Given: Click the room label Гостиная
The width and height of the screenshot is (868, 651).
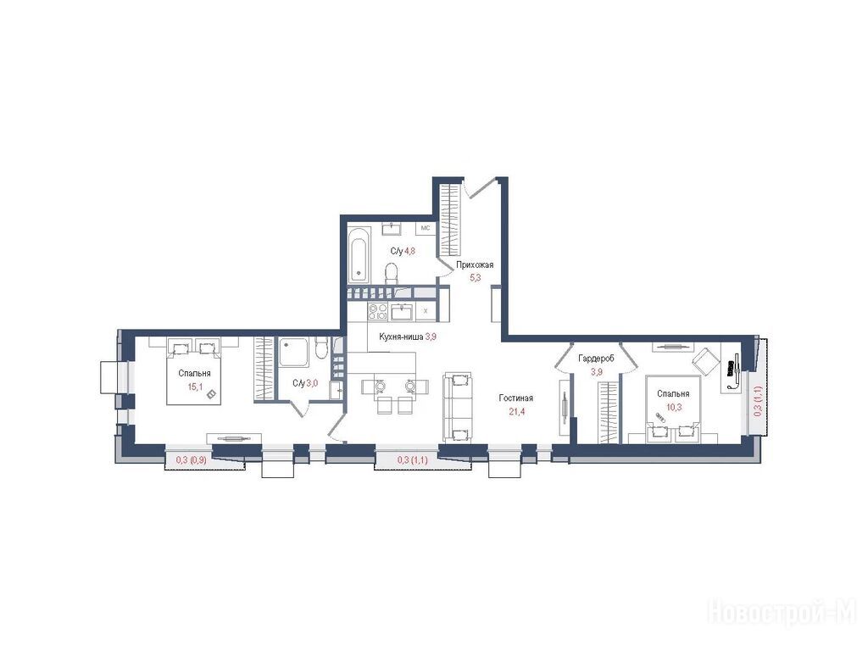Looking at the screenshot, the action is click(x=515, y=398).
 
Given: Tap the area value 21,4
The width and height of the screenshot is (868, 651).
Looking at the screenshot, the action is click(x=516, y=411).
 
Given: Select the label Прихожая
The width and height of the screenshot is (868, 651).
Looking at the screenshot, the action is click(x=475, y=265).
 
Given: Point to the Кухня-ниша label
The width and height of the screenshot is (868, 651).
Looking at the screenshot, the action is click(x=401, y=337).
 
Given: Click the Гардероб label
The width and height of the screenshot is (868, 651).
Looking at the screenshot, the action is click(x=596, y=359).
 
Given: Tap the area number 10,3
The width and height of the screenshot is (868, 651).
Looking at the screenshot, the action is click(x=673, y=406).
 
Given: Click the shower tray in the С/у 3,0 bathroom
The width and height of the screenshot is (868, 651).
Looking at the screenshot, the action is click(x=293, y=353).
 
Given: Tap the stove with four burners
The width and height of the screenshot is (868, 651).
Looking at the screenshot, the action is click(x=377, y=312).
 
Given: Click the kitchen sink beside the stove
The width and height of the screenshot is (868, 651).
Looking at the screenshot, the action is click(x=402, y=312).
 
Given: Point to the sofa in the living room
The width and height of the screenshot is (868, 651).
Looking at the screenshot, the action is click(x=457, y=407).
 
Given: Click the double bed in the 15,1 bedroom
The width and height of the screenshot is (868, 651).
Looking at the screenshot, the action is click(x=194, y=373).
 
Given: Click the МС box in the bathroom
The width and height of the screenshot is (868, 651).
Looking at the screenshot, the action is click(x=426, y=227).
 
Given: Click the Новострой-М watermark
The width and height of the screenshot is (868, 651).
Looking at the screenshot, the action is click(x=782, y=613).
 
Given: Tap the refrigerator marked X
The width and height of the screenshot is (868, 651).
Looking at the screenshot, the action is click(x=426, y=311).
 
